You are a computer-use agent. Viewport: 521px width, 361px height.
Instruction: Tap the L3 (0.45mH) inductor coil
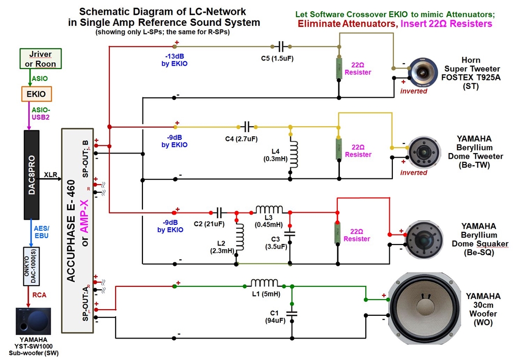click(x=269, y=210)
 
